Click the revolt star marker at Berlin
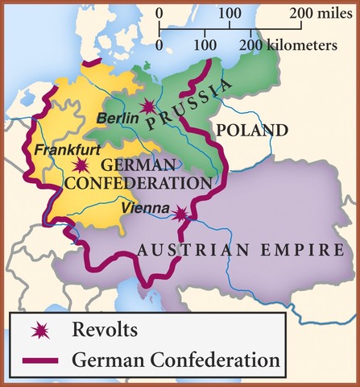click(x=147, y=106)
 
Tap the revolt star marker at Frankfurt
click(x=81, y=165)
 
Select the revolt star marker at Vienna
click(x=182, y=214)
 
